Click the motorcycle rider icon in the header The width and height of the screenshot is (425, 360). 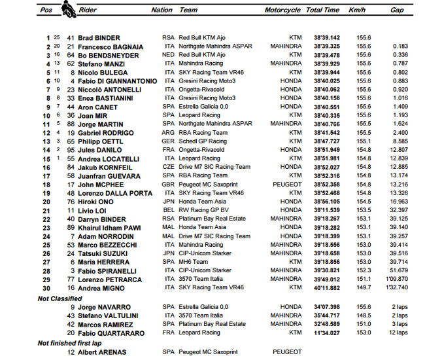(x=67, y=9)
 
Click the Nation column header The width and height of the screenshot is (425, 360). (x=161, y=10)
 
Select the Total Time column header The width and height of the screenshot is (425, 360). (x=322, y=10)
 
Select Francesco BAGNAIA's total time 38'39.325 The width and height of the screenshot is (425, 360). (x=325, y=46)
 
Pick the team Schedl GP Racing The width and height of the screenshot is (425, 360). (x=203, y=141)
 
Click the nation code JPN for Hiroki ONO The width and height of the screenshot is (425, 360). (x=168, y=202)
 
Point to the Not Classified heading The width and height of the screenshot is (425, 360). (x=60, y=298)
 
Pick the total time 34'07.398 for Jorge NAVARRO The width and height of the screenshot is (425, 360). (x=325, y=306)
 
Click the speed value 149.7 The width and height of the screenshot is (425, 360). (x=357, y=287)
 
